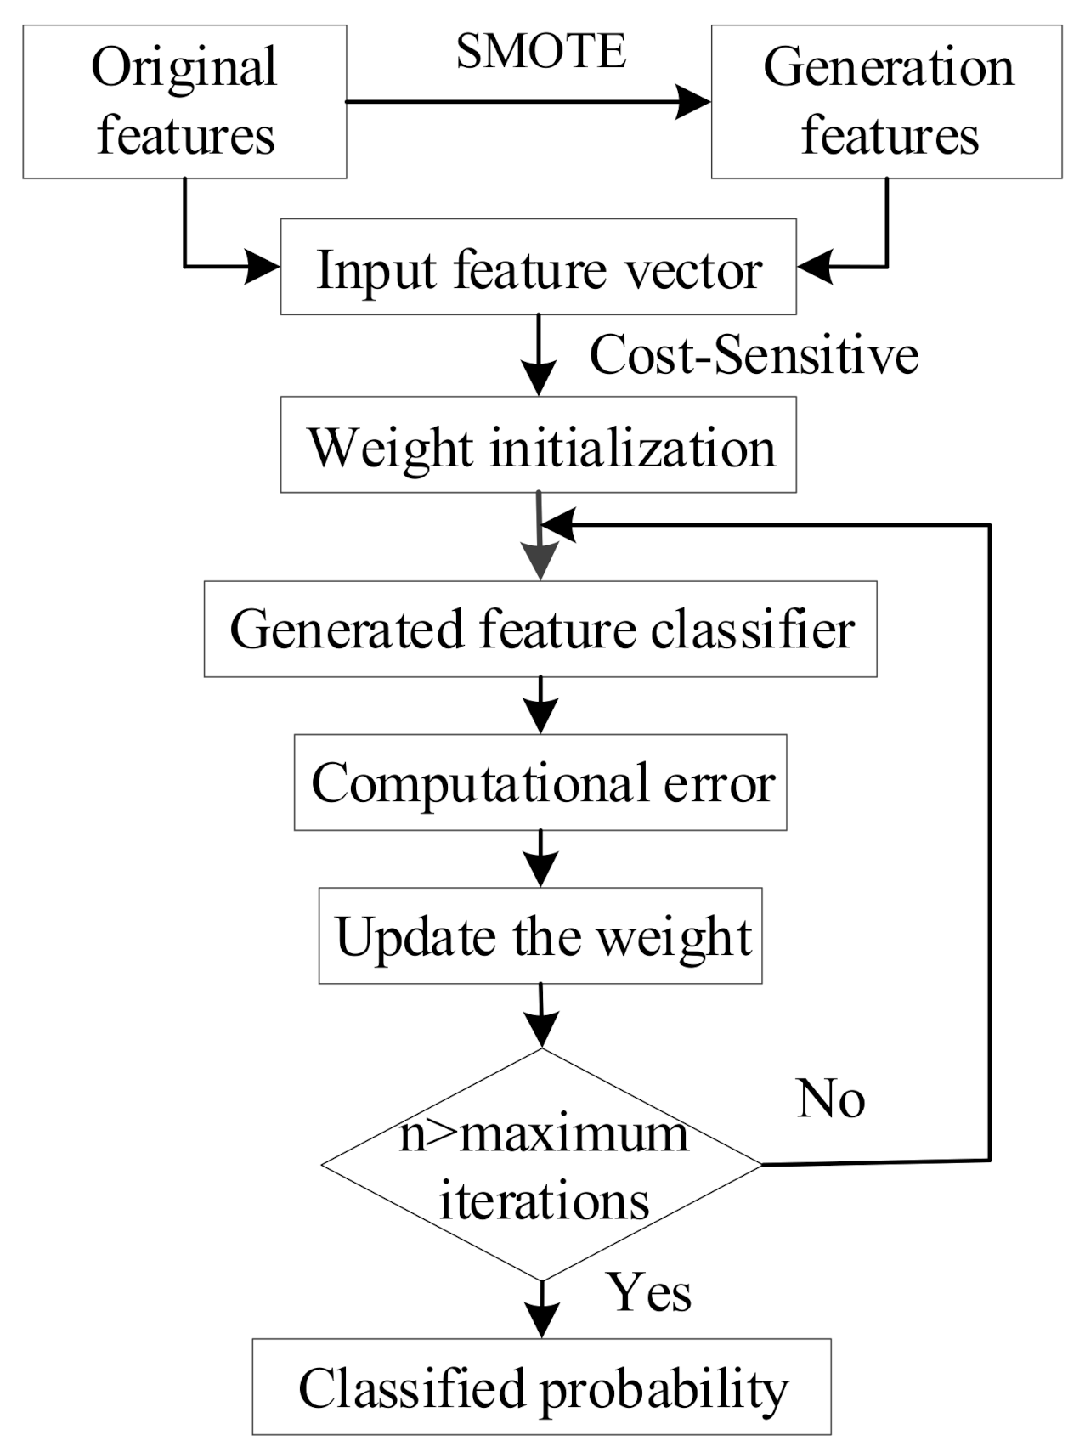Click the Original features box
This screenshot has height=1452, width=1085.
(184, 101)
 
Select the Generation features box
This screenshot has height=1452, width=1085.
(886, 101)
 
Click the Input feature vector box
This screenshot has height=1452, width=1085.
(538, 267)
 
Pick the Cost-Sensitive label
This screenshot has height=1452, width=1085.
(754, 354)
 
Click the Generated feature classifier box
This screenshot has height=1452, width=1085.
(540, 629)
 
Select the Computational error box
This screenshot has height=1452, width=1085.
(540, 782)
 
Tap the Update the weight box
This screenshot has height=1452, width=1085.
(540, 935)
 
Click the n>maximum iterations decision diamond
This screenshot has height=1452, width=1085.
(542, 1165)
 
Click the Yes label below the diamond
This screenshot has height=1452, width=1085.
(648, 1292)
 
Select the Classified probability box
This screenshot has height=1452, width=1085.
(541, 1387)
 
